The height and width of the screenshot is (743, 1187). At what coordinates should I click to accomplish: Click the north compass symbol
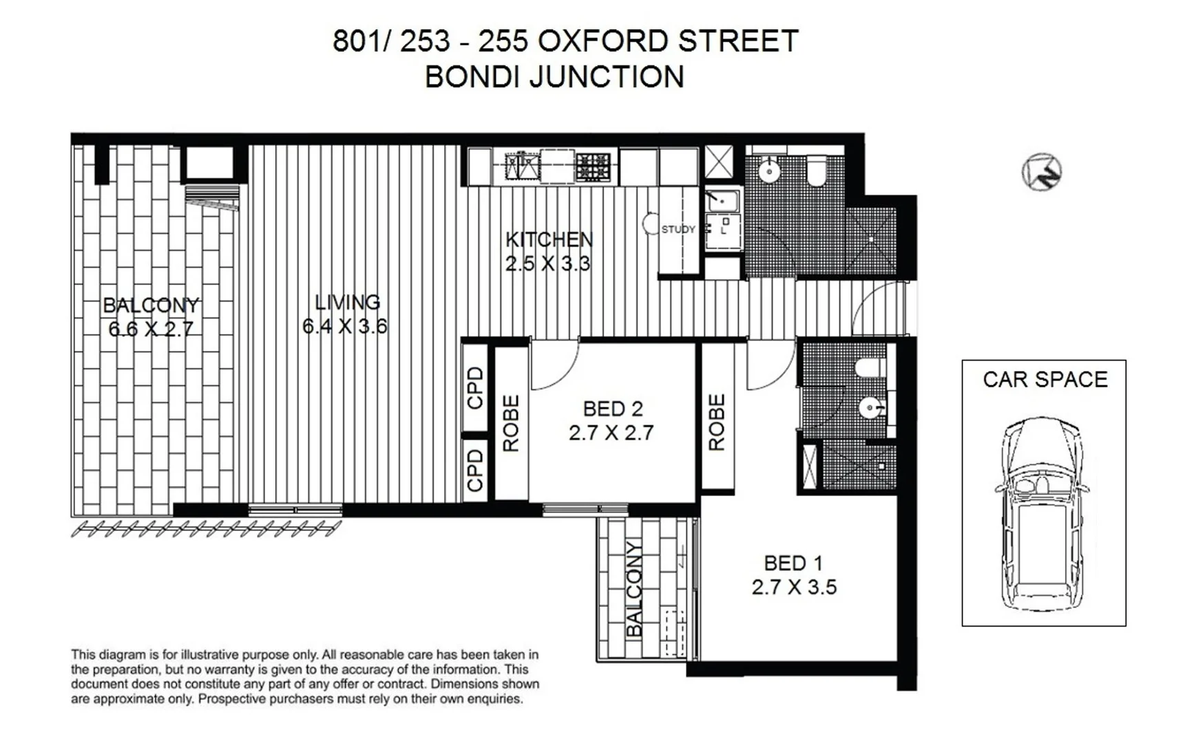(x=1041, y=172)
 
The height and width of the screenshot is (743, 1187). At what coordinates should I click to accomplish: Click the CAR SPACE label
(x=1044, y=380)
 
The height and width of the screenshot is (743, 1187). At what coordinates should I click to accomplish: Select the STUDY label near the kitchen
(x=678, y=230)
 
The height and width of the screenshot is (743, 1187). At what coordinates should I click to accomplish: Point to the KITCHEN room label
(x=549, y=239)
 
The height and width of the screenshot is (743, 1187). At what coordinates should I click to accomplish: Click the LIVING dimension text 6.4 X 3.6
(x=345, y=325)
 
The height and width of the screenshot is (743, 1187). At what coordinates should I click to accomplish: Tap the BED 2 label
(x=612, y=409)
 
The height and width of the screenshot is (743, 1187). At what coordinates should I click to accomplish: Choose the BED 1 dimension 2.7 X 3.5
(x=794, y=587)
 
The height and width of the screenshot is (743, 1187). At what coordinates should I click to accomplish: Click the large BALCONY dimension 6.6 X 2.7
(x=151, y=329)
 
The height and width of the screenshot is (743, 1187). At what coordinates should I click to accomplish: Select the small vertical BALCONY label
(x=634, y=589)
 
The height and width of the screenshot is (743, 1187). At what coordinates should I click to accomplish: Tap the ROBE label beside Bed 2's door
(x=510, y=423)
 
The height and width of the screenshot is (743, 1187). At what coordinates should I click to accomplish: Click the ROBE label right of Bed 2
(x=717, y=422)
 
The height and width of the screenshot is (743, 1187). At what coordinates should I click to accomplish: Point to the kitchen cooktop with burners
(x=593, y=166)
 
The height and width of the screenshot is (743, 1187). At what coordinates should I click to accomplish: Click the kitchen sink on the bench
(x=522, y=166)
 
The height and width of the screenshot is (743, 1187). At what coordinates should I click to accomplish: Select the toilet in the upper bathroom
(x=817, y=171)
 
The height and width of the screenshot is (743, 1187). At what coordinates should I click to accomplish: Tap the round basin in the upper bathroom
(x=768, y=170)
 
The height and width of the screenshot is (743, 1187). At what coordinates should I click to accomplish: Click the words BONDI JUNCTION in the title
(x=554, y=76)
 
